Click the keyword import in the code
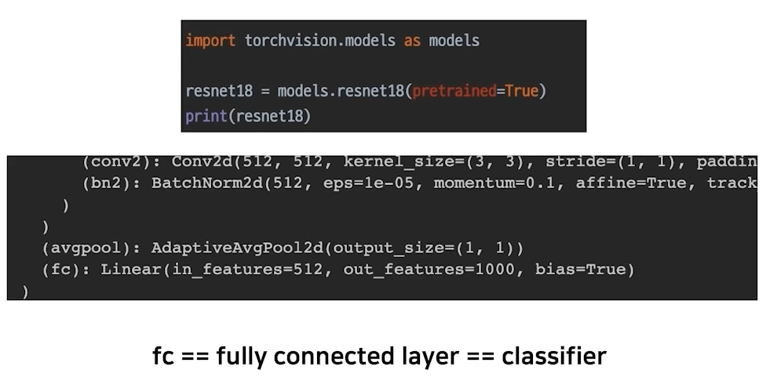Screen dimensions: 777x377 [x=210, y=40]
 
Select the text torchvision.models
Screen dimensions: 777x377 [x=320, y=40]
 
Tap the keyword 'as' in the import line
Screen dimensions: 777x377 [x=412, y=40]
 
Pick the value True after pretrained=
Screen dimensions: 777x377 [x=522, y=91]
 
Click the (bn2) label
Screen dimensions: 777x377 [x=111, y=183]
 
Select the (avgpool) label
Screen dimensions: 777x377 [x=93, y=248]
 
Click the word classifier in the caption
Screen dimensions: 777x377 [x=554, y=356]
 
